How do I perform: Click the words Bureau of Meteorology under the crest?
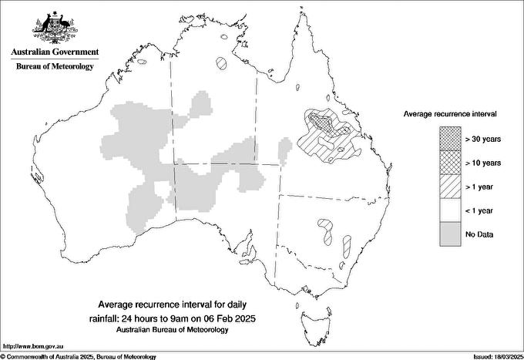tap(55, 67)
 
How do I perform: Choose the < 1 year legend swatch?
tap(450, 210)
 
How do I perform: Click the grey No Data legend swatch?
tap(450, 234)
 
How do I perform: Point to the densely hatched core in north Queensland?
tap(323, 120)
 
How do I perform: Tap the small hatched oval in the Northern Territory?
tap(223, 63)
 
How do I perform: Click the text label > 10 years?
tap(482, 162)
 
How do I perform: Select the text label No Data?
tap(479, 234)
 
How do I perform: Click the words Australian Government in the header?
tap(55, 52)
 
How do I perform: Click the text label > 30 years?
tap(482, 138)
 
